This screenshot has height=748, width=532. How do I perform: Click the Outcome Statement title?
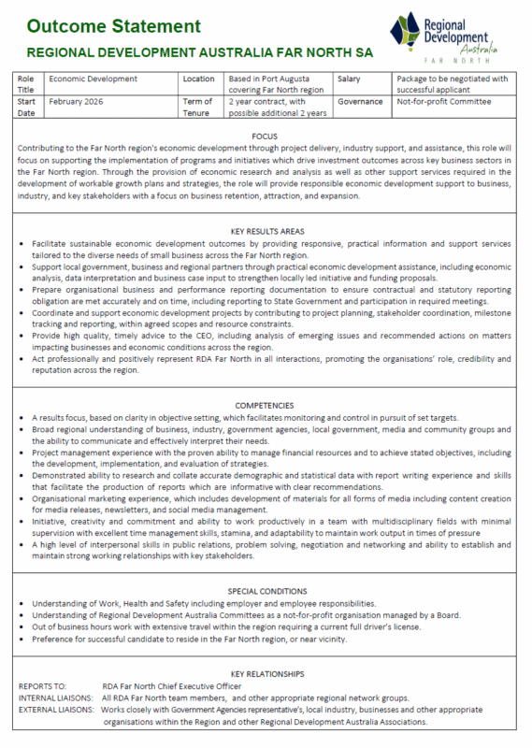[113, 24]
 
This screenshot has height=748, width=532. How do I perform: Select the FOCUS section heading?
[265, 136]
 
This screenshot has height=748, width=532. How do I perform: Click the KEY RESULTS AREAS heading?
[265, 230]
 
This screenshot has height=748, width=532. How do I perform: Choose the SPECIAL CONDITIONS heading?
[265, 592]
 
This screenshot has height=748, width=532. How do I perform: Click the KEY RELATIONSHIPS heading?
[265, 673]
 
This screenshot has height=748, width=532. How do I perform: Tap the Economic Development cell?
[93, 79]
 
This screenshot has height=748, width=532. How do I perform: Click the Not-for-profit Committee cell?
[443, 101]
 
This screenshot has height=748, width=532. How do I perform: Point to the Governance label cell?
[360, 101]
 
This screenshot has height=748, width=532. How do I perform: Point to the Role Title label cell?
[29, 85]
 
